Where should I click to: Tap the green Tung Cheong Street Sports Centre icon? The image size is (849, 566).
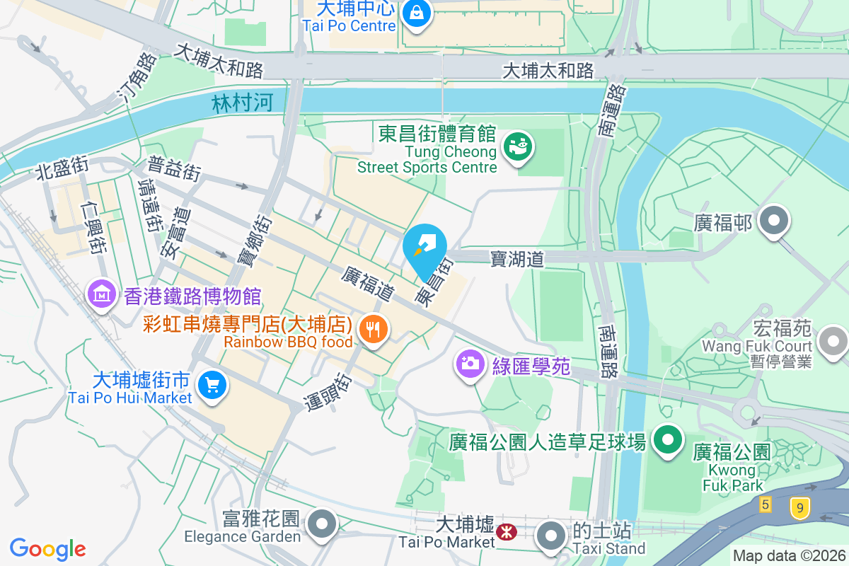pyautogui.click(x=518, y=147)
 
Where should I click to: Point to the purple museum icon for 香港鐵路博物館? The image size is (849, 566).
pyautogui.click(x=102, y=294)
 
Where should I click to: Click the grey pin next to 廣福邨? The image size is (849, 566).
pyautogui.click(x=774, y=221)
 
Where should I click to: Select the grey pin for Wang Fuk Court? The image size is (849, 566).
pyautogui.click(x=833, y=342)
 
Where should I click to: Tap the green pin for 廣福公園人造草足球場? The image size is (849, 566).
pyautogui.click(x=666, y=440)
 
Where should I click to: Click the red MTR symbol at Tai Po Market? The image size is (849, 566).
pyautogui.click(x=507, y=531)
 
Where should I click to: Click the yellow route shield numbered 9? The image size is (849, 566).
pyautogui.click(x=799, y=507)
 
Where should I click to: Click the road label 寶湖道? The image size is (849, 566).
pyautogui.click(x=517, y=259)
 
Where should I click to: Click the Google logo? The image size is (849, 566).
pyautogui.click(x=47, y=549)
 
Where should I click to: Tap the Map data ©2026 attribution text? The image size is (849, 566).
pyautogui.click(x=789, y=556)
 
